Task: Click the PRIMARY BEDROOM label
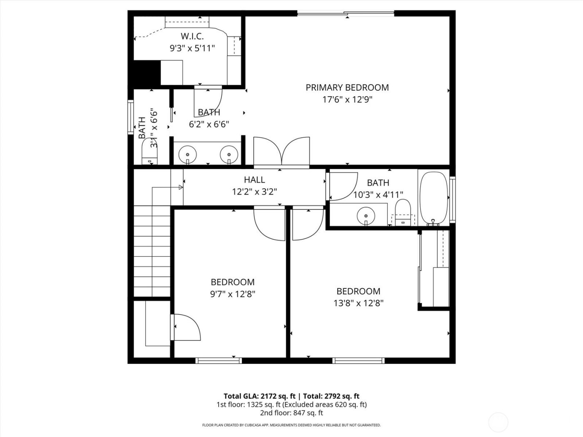[x=347, y=87]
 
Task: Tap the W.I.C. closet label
[x=192, y=36]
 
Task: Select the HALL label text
[x=254, y=180]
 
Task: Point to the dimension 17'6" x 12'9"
[x=347, y=99]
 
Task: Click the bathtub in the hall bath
[x=434, y=198]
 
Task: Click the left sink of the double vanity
[x=187, y=154]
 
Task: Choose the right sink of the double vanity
[x=229, y=154]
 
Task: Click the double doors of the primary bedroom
[x=282, y=152]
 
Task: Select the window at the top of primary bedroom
[x=346, y=14]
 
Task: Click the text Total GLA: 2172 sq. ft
[x=261, y=396]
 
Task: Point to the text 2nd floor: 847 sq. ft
[x=291, y=413]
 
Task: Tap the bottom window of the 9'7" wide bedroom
[x=218, y=360]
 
